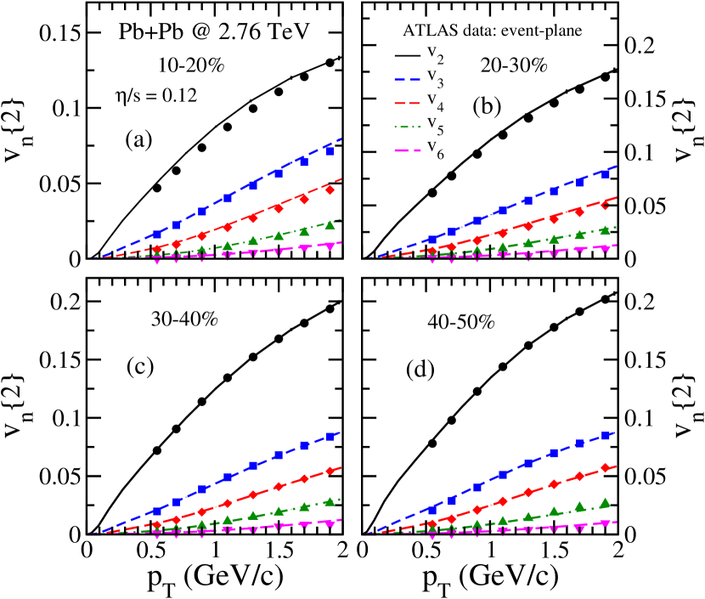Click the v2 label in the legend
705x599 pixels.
[434, 55]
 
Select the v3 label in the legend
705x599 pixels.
[434, 79]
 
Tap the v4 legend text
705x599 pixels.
[434, 103]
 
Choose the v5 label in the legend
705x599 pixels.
[434, 127]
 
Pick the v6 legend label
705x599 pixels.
[434, 151]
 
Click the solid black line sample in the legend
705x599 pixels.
[408, 55]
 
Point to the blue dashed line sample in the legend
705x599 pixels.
[408, 79]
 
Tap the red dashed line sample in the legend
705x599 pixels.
[408, 103]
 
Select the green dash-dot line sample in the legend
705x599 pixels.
[408, 127]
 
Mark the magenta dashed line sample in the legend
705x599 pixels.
[408, 151]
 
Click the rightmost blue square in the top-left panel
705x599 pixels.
[330, 151]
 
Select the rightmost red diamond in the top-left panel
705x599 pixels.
[330, 189]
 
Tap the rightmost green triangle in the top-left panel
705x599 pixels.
[330, 225]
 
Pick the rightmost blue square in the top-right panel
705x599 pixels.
[605, 174]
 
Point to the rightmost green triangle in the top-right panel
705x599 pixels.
[605, 229]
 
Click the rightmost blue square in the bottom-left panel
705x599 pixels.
[330, 437]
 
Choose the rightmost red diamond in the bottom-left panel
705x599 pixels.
[330, 471]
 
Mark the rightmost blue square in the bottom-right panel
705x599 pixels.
[606, 435]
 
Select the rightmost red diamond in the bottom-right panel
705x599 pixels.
[606, 467]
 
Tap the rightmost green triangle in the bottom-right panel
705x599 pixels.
[606, 502]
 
